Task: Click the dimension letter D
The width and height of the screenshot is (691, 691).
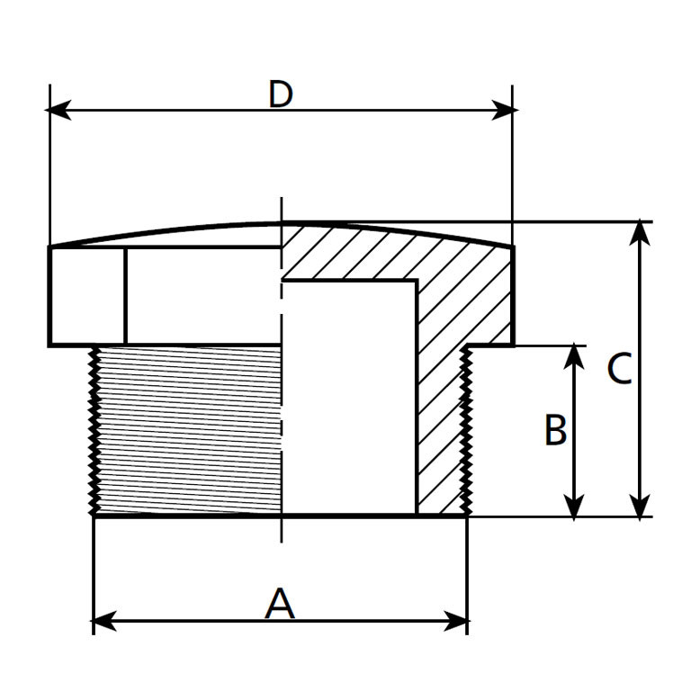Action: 281,94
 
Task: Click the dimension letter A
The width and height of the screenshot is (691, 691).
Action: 280,603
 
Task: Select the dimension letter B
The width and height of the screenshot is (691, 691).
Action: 556,430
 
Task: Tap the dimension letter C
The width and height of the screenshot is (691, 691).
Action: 619,369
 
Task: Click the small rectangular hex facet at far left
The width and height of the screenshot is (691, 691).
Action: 87,296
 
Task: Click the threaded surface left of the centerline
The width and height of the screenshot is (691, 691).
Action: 189,430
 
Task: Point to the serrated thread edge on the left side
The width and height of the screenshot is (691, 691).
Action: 92,430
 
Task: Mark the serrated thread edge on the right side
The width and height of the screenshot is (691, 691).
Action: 467,430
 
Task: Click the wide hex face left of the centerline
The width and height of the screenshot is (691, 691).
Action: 203,296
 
